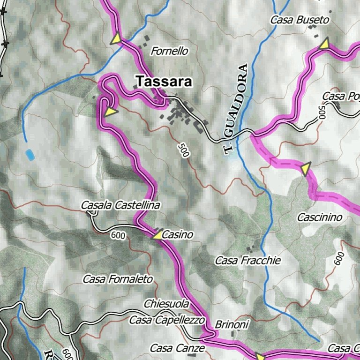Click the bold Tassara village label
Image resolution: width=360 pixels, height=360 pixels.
[164, 82]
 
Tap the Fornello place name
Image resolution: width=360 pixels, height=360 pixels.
[169, 51]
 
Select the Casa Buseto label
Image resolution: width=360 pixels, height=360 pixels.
[300, 20]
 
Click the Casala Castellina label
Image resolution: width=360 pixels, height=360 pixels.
[120, 205]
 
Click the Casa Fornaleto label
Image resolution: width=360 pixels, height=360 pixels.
[118, 279]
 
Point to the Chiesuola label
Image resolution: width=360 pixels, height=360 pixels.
[166, 304]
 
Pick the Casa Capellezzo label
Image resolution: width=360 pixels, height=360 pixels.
[167, 320]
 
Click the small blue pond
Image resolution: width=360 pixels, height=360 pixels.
[30, 154]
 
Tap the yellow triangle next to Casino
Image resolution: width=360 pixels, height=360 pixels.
[158, 234]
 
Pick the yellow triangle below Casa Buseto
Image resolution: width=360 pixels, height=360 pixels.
[324, 44]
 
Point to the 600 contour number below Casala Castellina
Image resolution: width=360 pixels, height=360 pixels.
[119, 235]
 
